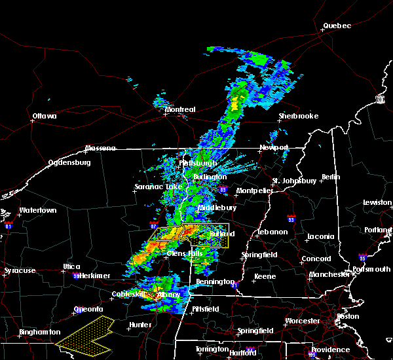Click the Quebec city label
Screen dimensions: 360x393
pyautogui.click(x=337, y=26)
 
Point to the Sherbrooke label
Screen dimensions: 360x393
pyautogui.click(x=298, y=116)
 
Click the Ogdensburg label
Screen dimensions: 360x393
pyautogui.click(x=68, y=162)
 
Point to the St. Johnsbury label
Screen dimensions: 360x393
pyautogui.click(x=295, y=180)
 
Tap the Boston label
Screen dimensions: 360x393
pyautogui.click(x=347, y=316)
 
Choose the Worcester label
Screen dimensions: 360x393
pyautogui.click(x=303, y=321)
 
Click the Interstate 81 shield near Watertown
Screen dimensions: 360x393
pyautogui.click(x=9, y=225)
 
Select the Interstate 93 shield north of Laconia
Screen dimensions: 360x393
pyautogui.click(x=288, y=217)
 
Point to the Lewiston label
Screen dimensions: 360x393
pyautogui.click(x=377, y=203)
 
